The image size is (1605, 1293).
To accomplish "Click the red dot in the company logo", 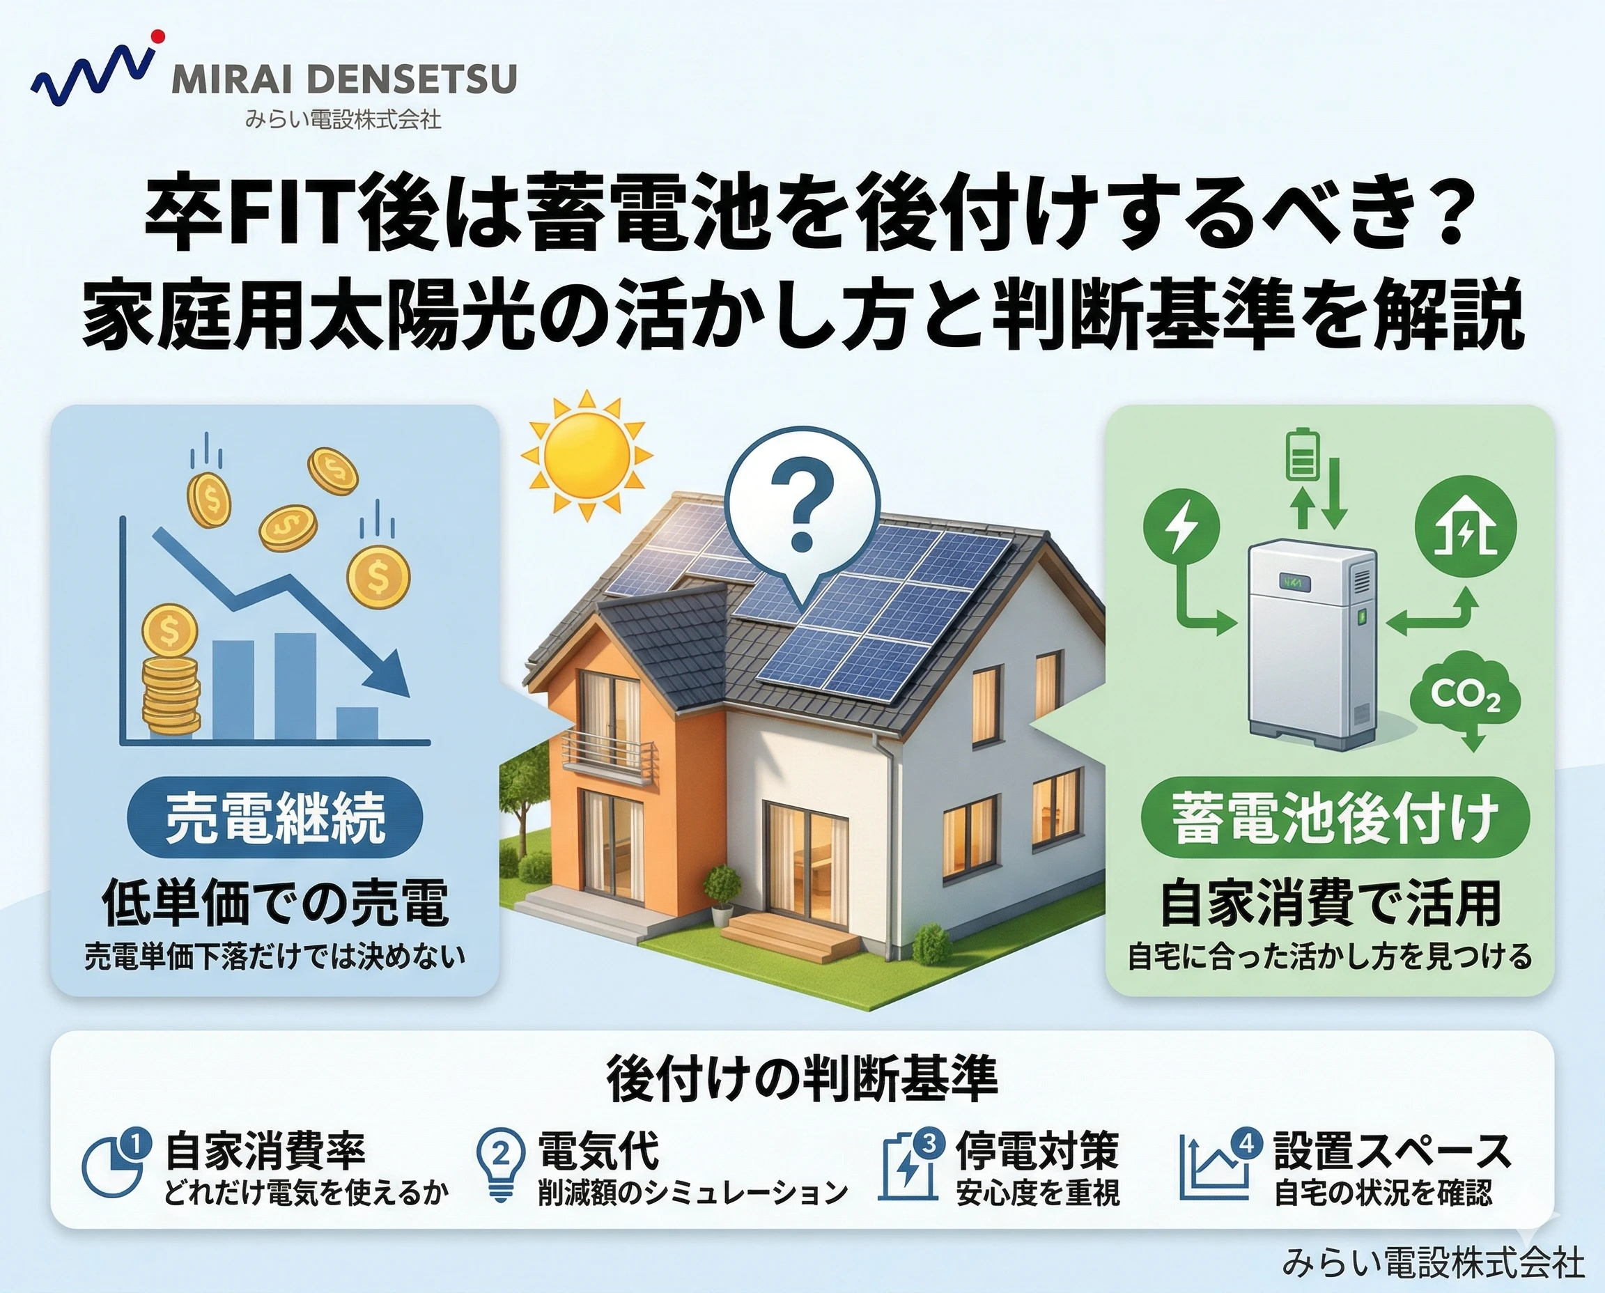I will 157,36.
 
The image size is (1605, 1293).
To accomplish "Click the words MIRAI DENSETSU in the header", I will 344,79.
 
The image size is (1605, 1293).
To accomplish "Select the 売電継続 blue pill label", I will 275,817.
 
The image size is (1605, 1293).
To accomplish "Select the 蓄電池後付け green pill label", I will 1335,818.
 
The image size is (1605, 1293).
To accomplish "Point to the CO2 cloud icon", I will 1465,698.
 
